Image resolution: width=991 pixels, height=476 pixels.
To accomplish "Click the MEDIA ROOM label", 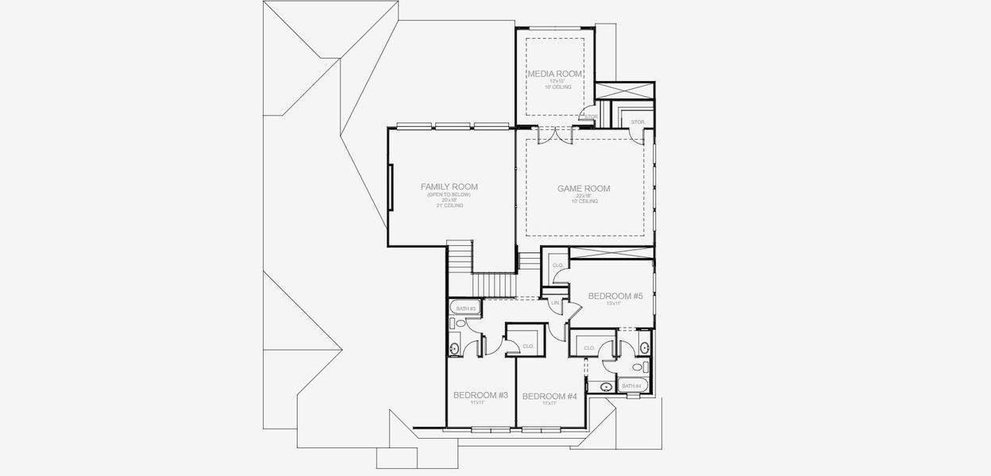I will [x=556, y=74].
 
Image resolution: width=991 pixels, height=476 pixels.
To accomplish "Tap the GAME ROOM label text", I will [x=584, y=189].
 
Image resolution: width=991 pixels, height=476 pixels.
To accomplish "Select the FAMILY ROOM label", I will [x=449, y=187].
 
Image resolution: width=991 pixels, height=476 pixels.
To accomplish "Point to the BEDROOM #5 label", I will [x=615, y=296].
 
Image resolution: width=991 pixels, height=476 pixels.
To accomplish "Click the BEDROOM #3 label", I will [x=480, y=395].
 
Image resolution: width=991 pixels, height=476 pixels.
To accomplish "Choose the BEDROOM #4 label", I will [x=549, y=396].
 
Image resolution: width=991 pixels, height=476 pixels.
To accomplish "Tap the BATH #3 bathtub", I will [x=463, y=309].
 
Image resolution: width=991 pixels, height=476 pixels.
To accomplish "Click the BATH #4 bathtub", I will [x=633, y=386].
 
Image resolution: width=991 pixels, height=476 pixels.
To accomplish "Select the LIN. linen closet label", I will [x=555, y=303].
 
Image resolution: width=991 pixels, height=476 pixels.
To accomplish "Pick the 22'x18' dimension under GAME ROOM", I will [x=584, y=196].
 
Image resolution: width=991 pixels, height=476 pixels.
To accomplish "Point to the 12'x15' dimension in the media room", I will [x=556, y=81].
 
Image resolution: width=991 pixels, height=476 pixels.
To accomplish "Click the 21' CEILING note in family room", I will [x=449, y=205].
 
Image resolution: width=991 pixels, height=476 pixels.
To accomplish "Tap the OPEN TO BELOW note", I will [x=449, y=194].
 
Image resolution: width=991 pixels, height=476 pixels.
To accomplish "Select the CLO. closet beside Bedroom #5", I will [x=557, y=265].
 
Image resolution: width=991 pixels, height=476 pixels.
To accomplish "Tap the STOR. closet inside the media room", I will [x=590, y=117].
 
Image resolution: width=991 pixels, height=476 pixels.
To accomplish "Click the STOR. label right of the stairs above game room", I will [x=637, y=121].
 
